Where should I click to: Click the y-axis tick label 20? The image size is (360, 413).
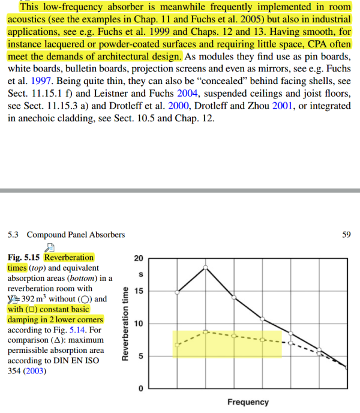pos(137,259)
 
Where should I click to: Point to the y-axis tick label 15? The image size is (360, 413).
pos(137,292)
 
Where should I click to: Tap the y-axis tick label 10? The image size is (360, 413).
pos(137,324)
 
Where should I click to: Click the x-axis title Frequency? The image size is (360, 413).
pos(248,402)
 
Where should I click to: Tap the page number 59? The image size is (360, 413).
pos(346,234)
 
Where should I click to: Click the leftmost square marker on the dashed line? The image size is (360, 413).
pos(177,345)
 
